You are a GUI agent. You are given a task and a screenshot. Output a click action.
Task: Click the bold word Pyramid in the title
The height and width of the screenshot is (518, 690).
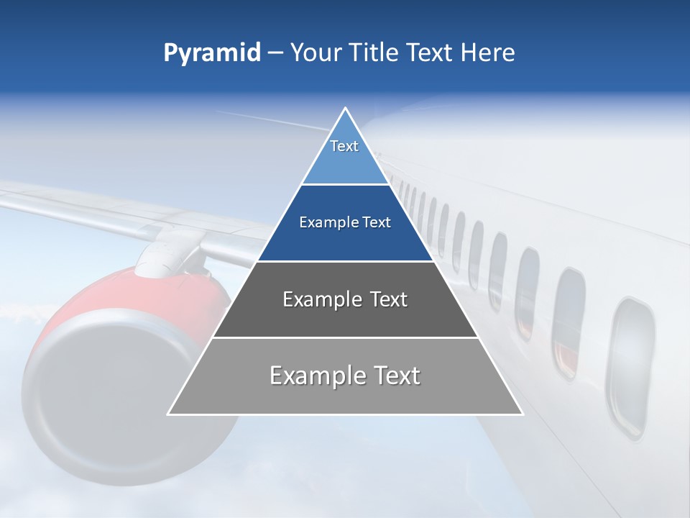211,53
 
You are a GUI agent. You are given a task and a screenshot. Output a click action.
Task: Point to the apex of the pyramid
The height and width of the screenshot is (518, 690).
345,109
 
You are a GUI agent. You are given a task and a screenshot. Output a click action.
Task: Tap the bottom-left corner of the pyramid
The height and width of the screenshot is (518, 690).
169,414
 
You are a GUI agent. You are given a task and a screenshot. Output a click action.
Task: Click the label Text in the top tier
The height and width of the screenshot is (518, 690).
344,146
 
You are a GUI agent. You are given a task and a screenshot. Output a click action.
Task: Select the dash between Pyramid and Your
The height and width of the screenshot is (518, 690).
275,53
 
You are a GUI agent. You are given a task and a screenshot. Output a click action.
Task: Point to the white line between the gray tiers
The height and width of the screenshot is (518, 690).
345,337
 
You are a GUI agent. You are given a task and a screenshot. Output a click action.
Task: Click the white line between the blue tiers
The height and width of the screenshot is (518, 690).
345,185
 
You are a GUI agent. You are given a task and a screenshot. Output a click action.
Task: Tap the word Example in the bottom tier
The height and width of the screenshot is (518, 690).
316,376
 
